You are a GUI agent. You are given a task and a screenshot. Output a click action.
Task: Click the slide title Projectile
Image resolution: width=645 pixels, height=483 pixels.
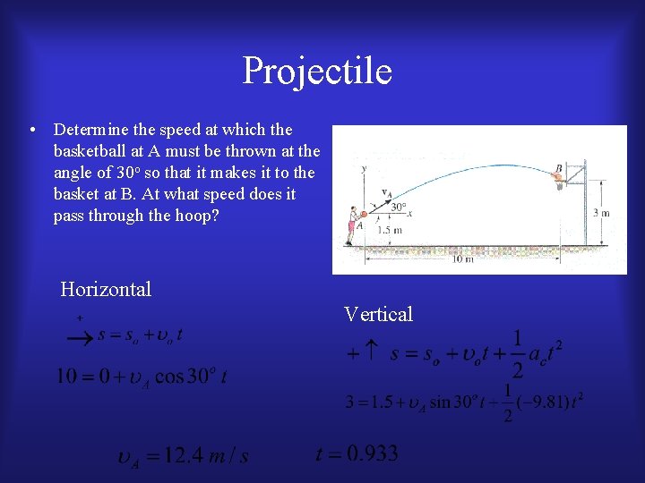(x=317, y=71)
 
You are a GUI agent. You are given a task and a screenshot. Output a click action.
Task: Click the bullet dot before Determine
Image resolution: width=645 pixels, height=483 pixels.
(x=32, y=131)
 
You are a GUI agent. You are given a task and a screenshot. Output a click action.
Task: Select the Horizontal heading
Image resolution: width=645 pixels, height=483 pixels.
(x=106, y=289)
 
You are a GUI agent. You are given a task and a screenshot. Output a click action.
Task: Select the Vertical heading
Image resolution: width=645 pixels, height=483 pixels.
(x=378, y=314)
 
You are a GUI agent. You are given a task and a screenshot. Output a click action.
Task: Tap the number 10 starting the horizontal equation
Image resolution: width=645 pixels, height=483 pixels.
(x=67, y=377)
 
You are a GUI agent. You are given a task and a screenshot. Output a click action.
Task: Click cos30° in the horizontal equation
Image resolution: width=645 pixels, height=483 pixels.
(x=182, y=377)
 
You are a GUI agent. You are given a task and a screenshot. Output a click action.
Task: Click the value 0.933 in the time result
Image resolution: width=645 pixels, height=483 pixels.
(x=369, y=453)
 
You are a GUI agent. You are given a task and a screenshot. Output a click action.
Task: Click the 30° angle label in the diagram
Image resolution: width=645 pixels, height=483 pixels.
(x=398, y=206)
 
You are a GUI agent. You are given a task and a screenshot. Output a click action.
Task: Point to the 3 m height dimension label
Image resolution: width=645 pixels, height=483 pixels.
(x=602, y=213)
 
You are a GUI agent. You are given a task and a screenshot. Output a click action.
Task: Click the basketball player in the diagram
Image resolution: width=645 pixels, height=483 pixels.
(x=353, y=226)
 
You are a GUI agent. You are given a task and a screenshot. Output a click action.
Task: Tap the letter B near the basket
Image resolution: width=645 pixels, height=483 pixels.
(x=558, y=167)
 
